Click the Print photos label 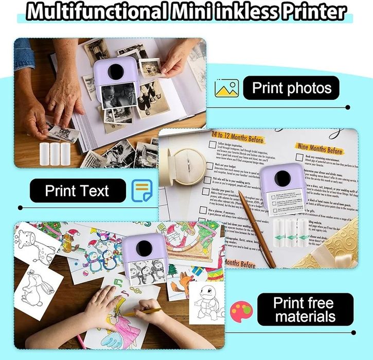tap(291, 88)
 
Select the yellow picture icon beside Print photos tap(226, 88)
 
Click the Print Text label tap(77, 191)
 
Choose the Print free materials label tap(304, 310)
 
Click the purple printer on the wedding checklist tap(281, 185)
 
